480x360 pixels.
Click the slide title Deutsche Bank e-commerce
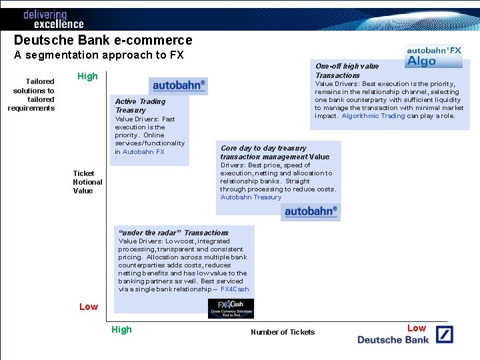coord(103,41)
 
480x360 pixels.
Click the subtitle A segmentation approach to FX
coord(99,55)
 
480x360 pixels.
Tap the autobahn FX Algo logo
coord(434,56)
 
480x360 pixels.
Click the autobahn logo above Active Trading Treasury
coord(179,85)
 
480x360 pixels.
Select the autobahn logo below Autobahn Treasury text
coord(311,212)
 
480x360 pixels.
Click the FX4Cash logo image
coord(231,309)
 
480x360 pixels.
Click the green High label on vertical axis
coord(87,76)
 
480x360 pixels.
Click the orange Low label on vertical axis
coord(89,307)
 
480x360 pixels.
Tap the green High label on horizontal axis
coord(122,329)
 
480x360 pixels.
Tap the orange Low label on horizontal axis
coord(417,328)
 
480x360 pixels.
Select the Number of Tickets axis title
coord(283,332)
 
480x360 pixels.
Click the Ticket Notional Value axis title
coord(87,182)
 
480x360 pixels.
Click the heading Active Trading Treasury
coord(140,105)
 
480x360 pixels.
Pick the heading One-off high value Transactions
coord(347,71)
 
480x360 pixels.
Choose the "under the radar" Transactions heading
coord(173,233)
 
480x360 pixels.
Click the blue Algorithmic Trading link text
coord(373,116)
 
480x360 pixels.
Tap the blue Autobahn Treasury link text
coord(251,197)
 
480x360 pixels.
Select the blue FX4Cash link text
coord(235,289)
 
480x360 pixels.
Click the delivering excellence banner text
coord(53,19)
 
